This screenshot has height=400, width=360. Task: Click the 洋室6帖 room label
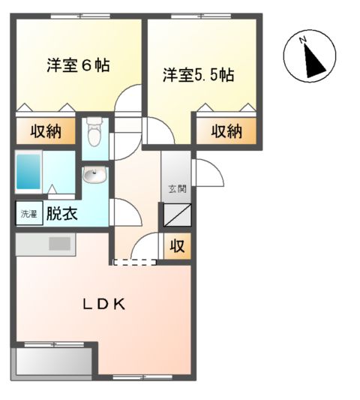(x=78, y=65)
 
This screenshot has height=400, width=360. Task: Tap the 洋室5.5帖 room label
(x=199, y=75)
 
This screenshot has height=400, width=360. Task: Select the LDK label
(x=103, y=304)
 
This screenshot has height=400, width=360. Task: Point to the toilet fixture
(x=94, y=134)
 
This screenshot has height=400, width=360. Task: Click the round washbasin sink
(x=94, y=176)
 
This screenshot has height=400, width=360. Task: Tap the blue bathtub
(x=32, y=173)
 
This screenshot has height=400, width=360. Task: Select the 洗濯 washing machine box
(x=25, y=213)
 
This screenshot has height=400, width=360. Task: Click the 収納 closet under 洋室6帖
(x=46, y=131)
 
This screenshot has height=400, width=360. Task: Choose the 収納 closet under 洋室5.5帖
(x=226, y=131)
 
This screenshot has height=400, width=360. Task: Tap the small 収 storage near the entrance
(x=177, y=245)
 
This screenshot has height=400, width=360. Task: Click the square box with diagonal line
(x=177, y=215)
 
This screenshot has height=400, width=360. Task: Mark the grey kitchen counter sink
(x=58, y=244)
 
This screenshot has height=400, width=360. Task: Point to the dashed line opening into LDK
(x=134, y=262)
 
